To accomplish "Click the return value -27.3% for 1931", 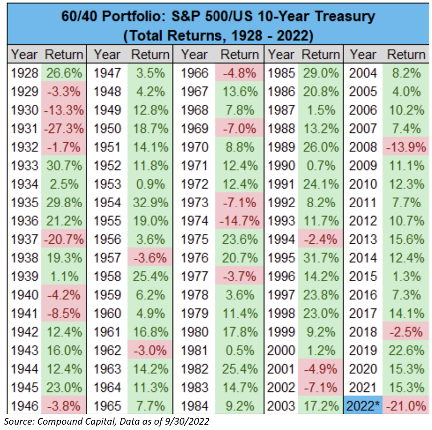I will pos(64,129).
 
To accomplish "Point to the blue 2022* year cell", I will pos(363,406).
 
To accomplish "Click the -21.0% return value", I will pos(406,406).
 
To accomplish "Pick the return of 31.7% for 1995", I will pos(319,258).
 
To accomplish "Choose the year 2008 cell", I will pos(363,147).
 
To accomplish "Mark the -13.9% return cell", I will pos(406,147).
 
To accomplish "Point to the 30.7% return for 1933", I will pos(64,166).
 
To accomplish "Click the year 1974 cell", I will pos(195,221).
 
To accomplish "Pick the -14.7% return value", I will pos(239,221).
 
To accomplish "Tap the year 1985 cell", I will pos(281,73).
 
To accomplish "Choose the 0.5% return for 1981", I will pos(239,350).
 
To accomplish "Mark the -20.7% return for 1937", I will pos(64,240).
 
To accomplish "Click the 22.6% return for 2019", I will pos(406,350).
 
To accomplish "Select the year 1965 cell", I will pos(107,406).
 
